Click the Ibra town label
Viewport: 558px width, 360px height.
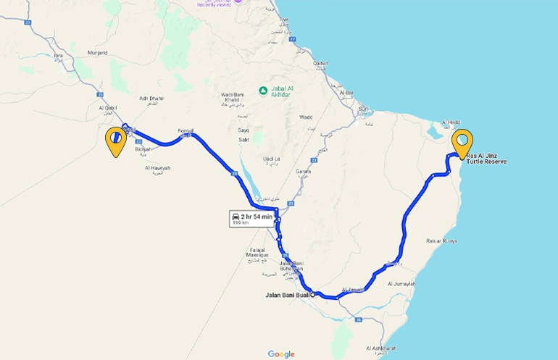point(59,55)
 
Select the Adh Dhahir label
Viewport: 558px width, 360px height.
point(151,99)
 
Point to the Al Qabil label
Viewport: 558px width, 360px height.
point(108,108)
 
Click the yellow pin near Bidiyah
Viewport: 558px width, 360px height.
point(114,140)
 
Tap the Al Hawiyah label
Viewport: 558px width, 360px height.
point(157,168)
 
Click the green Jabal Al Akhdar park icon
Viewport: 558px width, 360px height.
point(263,90)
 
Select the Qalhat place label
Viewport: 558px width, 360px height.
point(320,64)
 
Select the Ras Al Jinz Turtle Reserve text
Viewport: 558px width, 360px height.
point(486,159)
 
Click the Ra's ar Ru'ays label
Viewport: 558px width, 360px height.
point(441,240)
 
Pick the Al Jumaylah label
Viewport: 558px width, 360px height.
point(401,284)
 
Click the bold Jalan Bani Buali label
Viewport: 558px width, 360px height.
point(287,296)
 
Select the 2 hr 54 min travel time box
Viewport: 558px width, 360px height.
point(251,218)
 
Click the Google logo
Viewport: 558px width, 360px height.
point(281,354)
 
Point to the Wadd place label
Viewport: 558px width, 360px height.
point(306,117)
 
